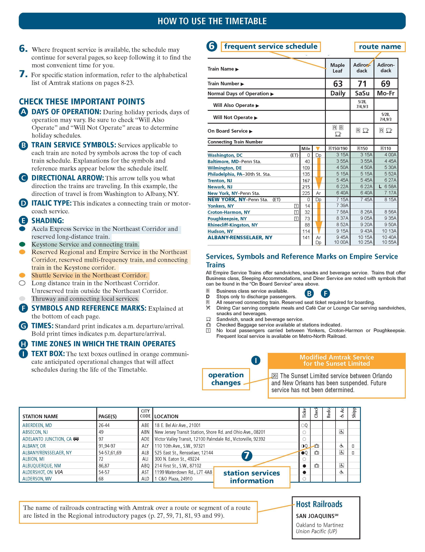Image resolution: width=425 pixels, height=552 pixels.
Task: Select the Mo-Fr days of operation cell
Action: tap(386, 93)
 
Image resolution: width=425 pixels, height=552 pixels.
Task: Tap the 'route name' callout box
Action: tap(380, 47)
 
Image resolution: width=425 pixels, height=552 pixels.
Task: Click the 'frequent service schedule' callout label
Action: tap(270, 47)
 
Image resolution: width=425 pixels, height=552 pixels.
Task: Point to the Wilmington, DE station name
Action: tap(224, 168)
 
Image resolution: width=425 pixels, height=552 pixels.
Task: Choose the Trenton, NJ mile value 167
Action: tap(306, 181)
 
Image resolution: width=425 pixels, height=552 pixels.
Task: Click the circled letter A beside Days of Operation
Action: tap(23, 112)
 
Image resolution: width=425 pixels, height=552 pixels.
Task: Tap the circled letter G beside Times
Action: tap(23, 326)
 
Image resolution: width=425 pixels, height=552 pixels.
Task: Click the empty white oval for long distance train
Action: tap(22, 283)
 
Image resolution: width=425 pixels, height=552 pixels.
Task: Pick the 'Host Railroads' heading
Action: tap(319, 504)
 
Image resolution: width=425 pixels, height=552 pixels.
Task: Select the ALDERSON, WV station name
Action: tap(37, 479)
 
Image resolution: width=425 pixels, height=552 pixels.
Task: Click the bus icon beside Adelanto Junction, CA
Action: tap(76, 439)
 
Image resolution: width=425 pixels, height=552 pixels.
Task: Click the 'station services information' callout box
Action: tap(252, 477)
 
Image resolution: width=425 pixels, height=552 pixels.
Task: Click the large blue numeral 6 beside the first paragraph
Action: tap(23, 49)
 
